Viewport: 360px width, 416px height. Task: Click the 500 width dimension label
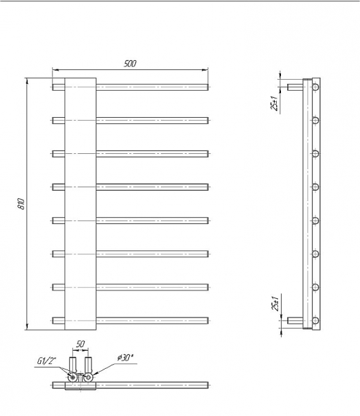[130, 64]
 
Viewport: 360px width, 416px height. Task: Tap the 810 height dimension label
[22, 203]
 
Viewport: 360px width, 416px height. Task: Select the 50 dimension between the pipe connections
[80, 344]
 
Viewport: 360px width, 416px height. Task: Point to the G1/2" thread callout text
[46, 361]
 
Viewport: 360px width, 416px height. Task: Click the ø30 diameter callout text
[125, 358]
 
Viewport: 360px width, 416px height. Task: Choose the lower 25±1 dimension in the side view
[275, 303]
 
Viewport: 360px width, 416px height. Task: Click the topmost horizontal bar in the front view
[130, 87]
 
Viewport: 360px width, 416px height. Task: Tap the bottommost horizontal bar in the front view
[130, 320]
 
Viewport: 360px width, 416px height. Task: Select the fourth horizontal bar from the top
[130, 187]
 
